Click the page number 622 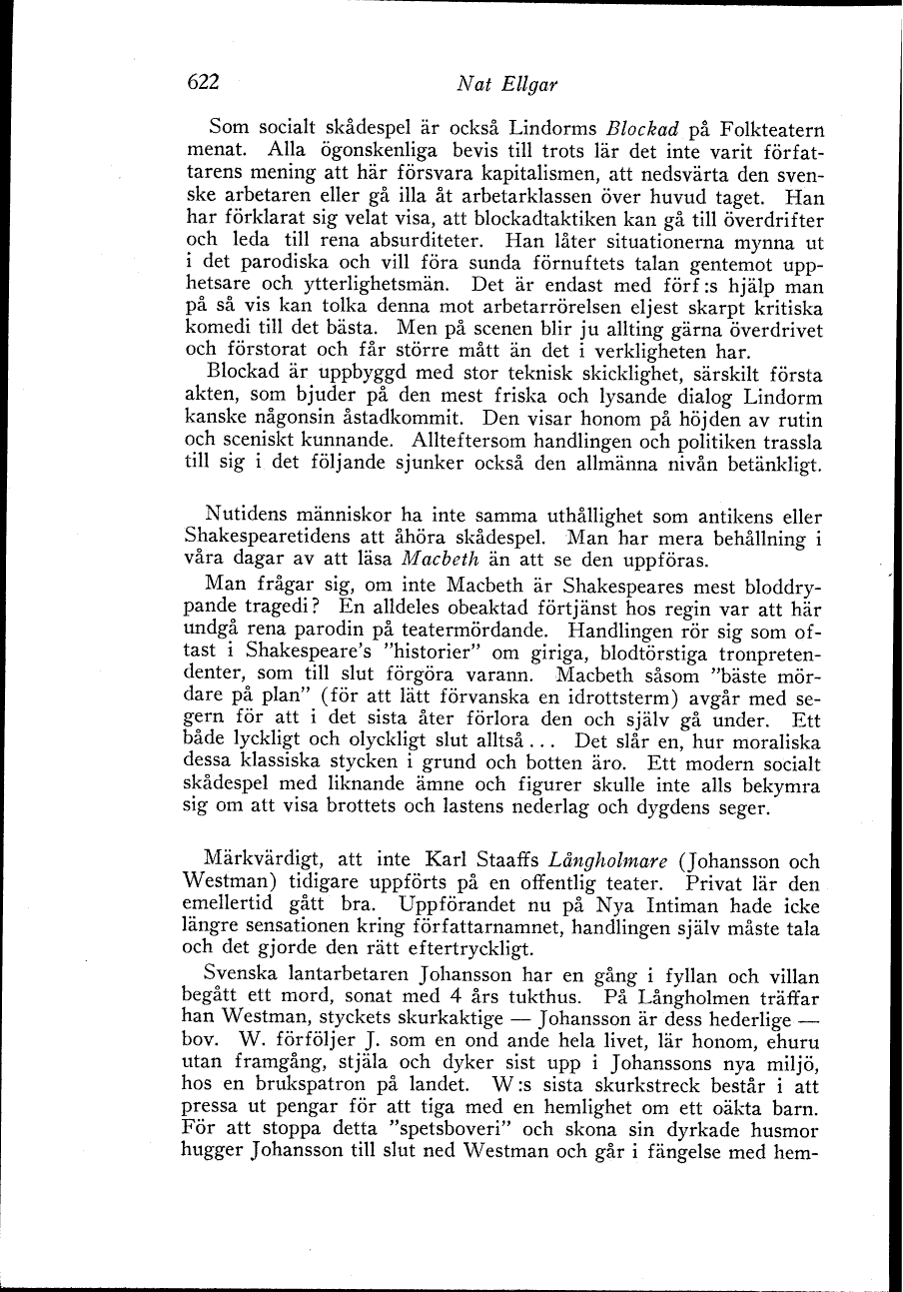coord(203,83)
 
